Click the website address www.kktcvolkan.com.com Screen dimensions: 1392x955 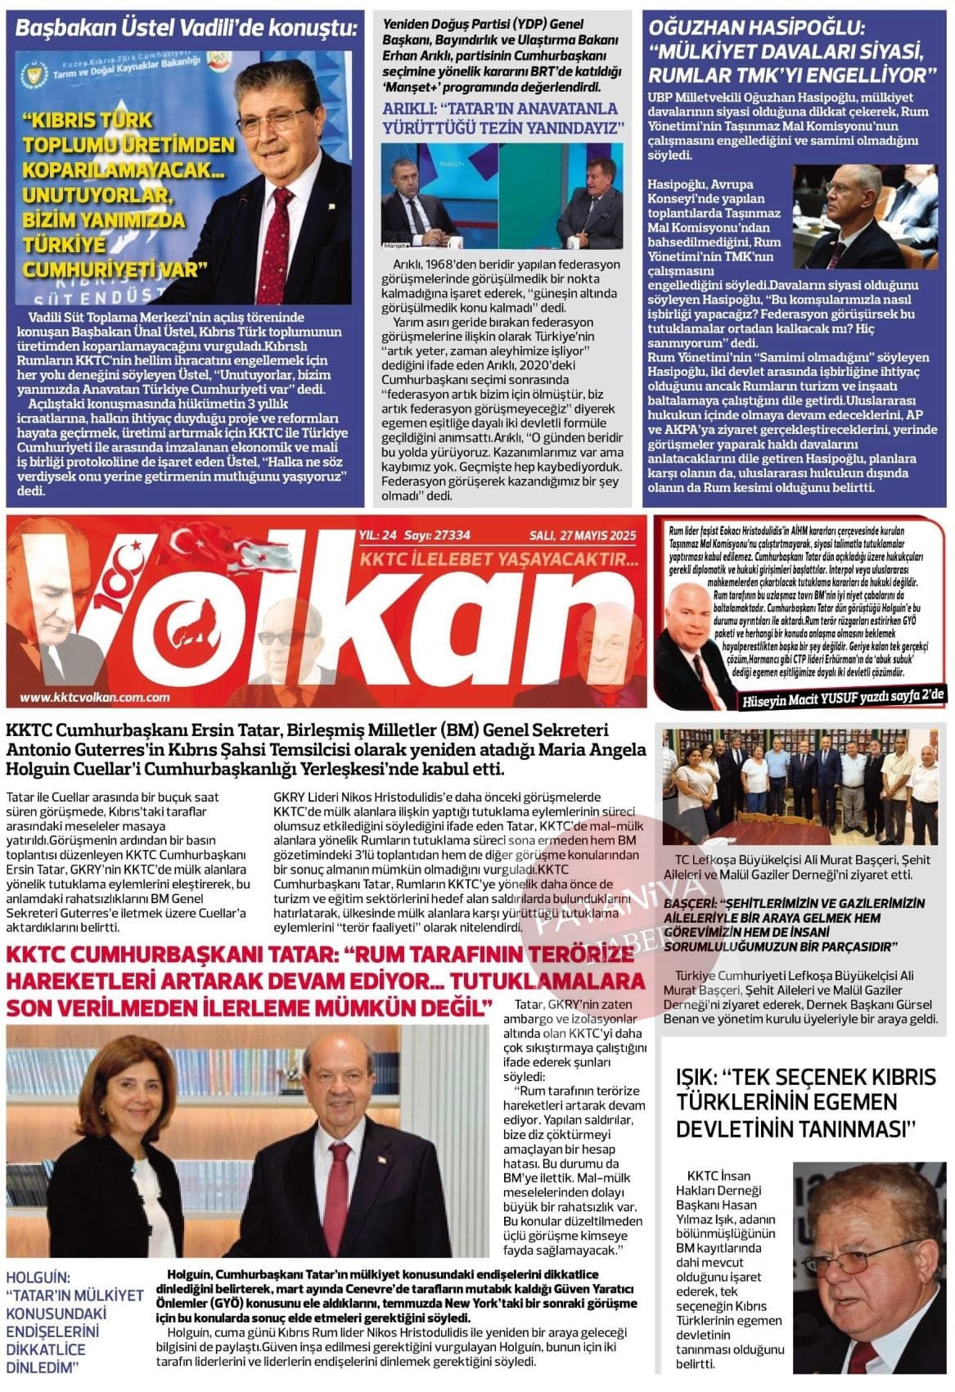click(x=94, y=698)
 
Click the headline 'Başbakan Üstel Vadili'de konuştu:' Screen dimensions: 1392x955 click(x=187, y=29)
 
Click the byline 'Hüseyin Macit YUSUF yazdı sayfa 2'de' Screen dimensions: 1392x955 click(x=843, y=697)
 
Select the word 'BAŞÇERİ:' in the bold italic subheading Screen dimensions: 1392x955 click(x=696, y=903)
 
